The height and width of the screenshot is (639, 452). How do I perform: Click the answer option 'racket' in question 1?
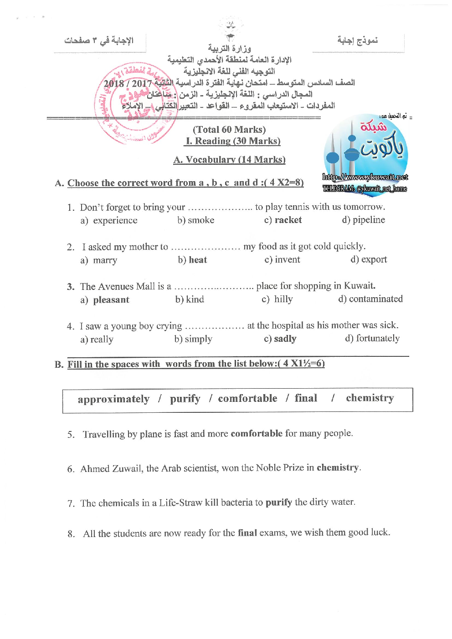click(x=288, y=220)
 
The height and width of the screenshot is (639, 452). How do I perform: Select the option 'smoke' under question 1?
click(x=201, y=220)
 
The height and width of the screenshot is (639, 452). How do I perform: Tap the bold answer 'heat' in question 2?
click(x=198, y=260)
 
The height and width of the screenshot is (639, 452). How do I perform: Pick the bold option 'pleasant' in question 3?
click(x=111, y=300)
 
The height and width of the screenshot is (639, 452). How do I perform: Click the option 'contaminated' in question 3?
click(x=376, y=299)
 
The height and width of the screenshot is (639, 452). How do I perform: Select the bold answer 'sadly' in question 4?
click(x=285, y=339)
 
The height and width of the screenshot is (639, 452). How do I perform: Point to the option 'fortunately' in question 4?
click(x=378, y=339)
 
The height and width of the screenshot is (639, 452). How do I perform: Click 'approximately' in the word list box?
click(x=113, y=399)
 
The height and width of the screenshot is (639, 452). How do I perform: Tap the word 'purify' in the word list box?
click(x=185, y=399)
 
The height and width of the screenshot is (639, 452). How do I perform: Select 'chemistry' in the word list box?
click(x=370, y=398)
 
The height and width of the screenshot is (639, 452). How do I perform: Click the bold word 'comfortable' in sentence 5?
click(x=257, y=433)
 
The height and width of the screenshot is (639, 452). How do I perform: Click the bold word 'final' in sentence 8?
click(x=247, y=532)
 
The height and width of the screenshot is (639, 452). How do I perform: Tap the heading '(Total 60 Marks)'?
click(x=229, y=130)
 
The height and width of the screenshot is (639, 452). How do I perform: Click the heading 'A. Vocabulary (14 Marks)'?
click(x=229, y=160)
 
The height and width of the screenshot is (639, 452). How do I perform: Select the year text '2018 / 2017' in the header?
click(x=128, y=83)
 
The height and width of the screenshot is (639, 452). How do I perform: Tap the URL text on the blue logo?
click(x=365, y=177)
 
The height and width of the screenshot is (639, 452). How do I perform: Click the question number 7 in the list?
click(x=71, y=503)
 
